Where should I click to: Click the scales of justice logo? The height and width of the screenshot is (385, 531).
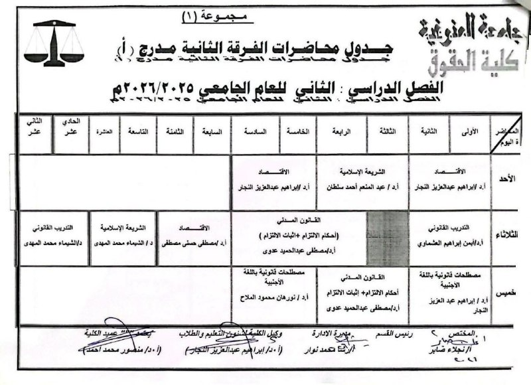[54, 44]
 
